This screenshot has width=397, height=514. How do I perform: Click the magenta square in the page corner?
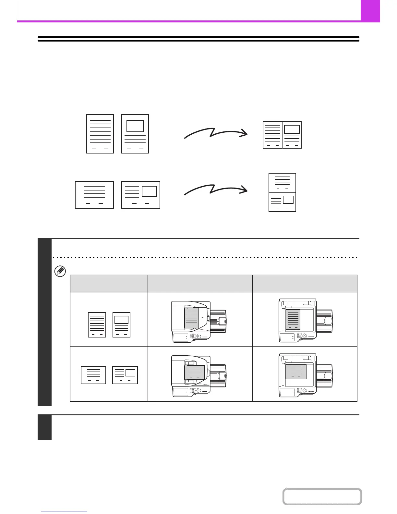click(x=370, y=10)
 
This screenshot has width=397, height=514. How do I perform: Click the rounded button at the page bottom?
click(x=322, y=496)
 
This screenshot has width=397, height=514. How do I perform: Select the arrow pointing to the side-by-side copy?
click(x=216, y=133)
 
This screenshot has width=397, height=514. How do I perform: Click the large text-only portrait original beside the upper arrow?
click(x=100, y=134)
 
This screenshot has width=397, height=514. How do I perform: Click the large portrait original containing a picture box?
click(x=135, y=134)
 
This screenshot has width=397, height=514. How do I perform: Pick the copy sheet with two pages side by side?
click(x=282, y=135)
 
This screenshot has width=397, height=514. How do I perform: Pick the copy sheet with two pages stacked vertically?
click(x=282, y=192)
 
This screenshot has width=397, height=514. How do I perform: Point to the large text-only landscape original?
click(x=94, y=195)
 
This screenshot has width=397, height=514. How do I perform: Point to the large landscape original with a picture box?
click(x=141, y=195)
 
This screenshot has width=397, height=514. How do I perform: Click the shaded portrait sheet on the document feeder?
click(x=191, y=318)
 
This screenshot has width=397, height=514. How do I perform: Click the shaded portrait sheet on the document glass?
click(x=293, y=319)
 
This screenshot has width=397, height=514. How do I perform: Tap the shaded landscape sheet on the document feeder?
click(x=194, y=372)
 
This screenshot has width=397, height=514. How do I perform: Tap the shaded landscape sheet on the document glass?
click(x=296, y=372)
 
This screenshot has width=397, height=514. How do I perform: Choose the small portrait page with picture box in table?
click(x=121, y=325)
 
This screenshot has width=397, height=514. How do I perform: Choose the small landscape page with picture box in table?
click(x=125, y=375)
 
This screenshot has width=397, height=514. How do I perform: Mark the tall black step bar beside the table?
click(x=44, y=322)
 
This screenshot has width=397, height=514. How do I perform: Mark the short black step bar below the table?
click(x=44, y=428)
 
